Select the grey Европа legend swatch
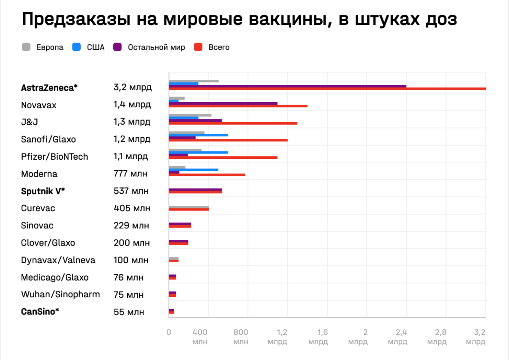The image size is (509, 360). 26,47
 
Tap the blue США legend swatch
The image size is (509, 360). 76,47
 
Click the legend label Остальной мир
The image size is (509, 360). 156,47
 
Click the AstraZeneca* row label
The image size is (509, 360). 49,88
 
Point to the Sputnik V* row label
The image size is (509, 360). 43,191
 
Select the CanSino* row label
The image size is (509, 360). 40,312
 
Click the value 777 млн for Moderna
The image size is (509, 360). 130,174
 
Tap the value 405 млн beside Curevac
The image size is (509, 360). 132,209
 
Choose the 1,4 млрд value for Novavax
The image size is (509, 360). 132,105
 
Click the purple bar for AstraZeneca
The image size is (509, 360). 287,86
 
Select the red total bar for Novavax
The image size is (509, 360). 238,106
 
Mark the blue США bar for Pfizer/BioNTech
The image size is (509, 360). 198,152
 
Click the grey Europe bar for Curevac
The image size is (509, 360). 189,207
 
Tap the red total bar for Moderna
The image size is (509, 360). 207,175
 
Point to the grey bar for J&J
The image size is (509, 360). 190,115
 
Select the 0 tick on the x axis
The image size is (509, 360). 169,332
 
